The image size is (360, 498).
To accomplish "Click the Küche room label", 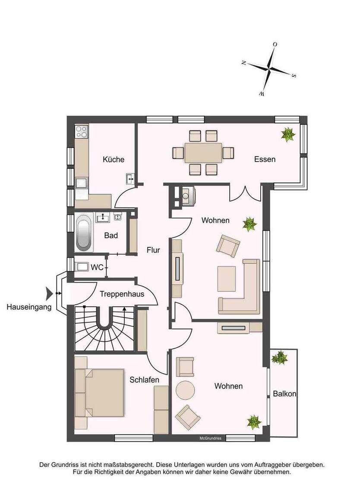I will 114,159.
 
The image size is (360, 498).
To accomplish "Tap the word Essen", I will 265,159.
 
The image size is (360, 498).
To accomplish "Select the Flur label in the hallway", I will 153,249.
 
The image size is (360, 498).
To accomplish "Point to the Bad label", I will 111,236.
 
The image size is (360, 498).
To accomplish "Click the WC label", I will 97,268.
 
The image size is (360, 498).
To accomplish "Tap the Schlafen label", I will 145,380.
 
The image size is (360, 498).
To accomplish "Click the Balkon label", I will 284,394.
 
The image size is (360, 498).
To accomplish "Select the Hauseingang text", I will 29,307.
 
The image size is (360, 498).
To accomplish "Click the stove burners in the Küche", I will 82,131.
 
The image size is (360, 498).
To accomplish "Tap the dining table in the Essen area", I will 203,153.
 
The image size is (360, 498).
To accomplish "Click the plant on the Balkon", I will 280,357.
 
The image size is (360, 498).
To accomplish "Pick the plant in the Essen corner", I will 288,134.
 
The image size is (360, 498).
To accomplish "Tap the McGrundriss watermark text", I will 210,438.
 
